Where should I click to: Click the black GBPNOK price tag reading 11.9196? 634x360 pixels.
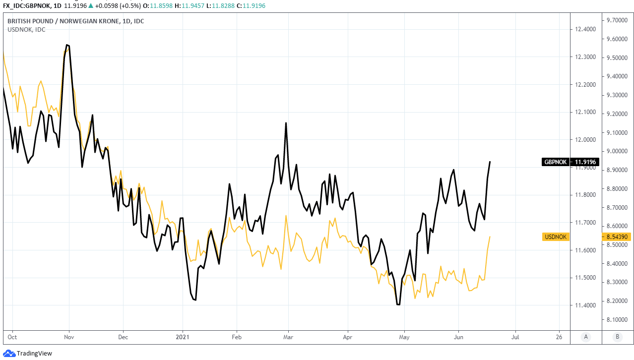tap(571, 162)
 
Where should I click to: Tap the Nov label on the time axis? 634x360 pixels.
tap(69, 337)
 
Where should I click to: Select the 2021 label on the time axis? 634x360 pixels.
tap(183, 337)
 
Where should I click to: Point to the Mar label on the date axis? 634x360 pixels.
tap(288, 337)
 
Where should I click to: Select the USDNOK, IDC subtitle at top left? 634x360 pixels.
tap(26, 30)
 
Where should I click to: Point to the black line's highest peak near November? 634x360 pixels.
tap(66, 45)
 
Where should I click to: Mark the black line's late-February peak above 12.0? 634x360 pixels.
tap(286, 122)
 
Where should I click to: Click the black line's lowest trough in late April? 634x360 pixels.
tap(398, 304)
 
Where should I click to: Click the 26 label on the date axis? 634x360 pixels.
tap(560, 337)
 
